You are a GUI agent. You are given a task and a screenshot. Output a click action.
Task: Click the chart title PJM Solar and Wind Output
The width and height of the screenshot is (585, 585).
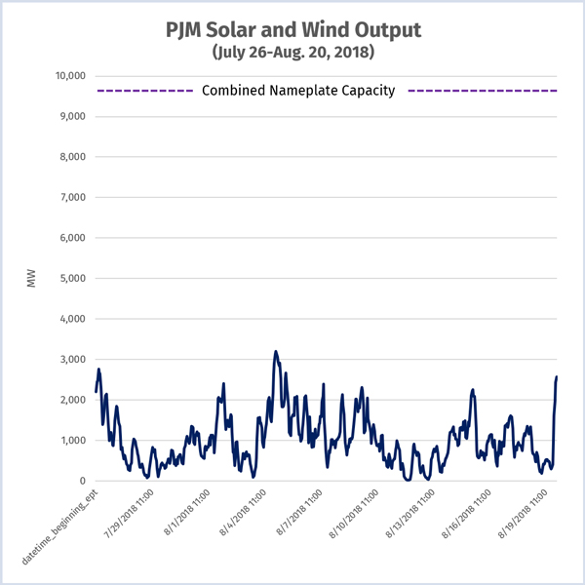click(x=292, y=29)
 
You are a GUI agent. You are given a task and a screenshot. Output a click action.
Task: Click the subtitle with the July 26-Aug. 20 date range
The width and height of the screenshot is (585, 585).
click(x=292, y=50)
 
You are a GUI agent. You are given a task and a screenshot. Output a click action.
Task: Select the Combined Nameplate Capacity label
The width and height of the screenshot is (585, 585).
click(x=298, y=91)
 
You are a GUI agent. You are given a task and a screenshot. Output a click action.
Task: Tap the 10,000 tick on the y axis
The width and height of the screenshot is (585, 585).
click(x=67, y=75)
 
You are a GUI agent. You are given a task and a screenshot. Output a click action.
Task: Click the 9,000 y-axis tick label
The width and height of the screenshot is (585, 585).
click(x=70, y=116)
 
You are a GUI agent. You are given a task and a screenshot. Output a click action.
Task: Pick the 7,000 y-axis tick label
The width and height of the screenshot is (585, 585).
click(x=70, y=197)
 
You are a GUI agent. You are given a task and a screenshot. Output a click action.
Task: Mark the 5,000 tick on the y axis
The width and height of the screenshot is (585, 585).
click(x=70, y=279)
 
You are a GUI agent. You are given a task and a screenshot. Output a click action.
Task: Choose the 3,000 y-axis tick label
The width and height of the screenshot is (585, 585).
click(x=70, y=360)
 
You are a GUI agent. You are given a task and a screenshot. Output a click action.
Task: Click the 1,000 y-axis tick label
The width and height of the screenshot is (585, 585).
click(x=70, y=441)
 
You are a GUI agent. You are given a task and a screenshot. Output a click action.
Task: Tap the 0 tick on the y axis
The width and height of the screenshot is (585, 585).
click(x=82, y=482)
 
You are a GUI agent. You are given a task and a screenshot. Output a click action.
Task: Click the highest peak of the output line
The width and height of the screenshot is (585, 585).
click(x=276, y=351)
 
